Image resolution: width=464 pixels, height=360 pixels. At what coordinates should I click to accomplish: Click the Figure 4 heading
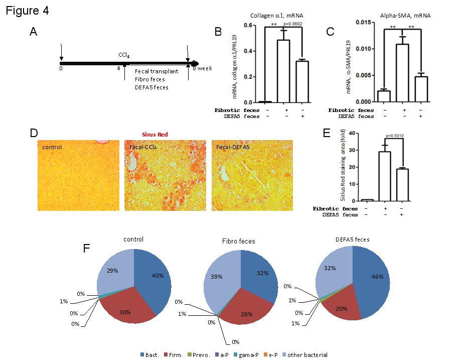[x=28, y=11]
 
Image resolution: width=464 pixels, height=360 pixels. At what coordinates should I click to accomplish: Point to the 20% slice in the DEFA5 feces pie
[x=343, y=308]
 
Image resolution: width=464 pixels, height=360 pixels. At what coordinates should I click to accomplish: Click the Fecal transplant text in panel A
[x=157, y=71]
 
